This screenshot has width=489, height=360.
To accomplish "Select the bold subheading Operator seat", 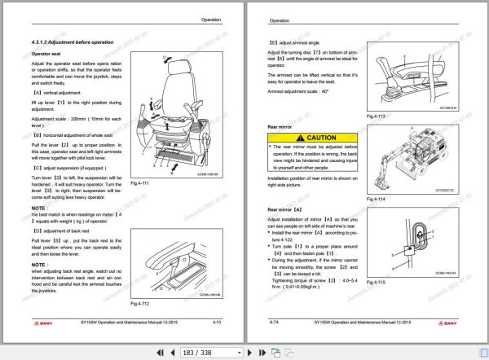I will coord(45,53).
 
